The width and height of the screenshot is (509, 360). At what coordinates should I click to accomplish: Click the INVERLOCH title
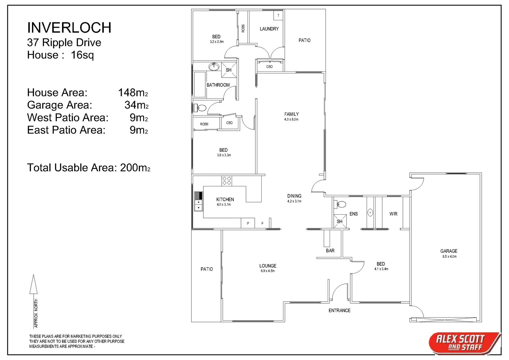pos(69,28)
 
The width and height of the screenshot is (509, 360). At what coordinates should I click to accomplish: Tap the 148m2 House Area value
pos(133,92)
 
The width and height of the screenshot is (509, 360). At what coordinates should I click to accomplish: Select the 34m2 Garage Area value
pos(136,105)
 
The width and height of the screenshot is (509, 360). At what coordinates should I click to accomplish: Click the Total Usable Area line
pos(88,167)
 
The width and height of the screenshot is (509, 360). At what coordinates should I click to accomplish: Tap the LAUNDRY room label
pos(269,29)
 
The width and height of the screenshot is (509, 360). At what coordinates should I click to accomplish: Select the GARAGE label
pos(449,251)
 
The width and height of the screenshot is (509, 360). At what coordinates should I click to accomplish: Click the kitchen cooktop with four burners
pos(227,181)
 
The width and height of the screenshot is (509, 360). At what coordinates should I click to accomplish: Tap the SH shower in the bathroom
pos(229,70)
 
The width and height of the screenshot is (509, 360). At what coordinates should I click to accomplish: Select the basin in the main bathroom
pos(214,67)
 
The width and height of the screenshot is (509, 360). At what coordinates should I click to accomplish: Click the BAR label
pos(330,251)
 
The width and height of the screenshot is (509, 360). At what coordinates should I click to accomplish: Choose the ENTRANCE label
pos(339,310)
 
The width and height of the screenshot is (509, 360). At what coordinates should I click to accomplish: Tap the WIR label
pos(393,214)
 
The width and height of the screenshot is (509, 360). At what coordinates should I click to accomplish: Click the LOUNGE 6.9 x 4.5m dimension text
pos(268,271)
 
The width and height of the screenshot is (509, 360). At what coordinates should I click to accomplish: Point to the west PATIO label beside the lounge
pos(207,269)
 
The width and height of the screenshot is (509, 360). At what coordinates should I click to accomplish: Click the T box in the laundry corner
pos(278,15)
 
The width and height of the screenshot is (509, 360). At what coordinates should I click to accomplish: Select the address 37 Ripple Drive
pos(64,43)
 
